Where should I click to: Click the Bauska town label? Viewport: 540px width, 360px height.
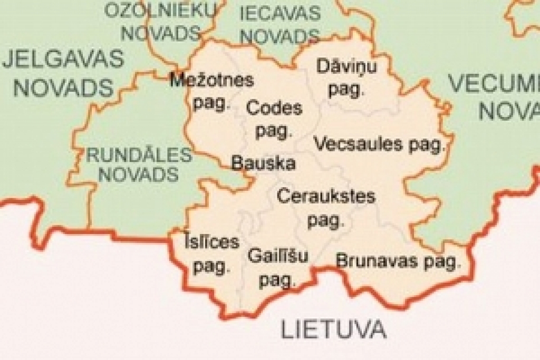[263, 163]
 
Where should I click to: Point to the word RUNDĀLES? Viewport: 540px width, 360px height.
[139, 155]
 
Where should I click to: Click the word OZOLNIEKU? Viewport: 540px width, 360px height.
[161, 10]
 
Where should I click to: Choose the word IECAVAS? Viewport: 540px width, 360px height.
[279, 13]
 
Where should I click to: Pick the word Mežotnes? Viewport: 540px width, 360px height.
[211, 81]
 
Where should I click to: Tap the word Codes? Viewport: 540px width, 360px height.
[274, 109]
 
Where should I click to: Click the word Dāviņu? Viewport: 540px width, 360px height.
[346, 67]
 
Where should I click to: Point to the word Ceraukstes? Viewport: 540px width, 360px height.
[326, 197]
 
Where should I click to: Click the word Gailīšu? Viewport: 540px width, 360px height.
[278, 257]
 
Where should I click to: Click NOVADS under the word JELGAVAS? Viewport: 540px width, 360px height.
[63, 87]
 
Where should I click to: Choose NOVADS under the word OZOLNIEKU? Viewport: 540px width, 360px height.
[161, 32]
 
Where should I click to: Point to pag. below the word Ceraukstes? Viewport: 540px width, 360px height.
[326, 220]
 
